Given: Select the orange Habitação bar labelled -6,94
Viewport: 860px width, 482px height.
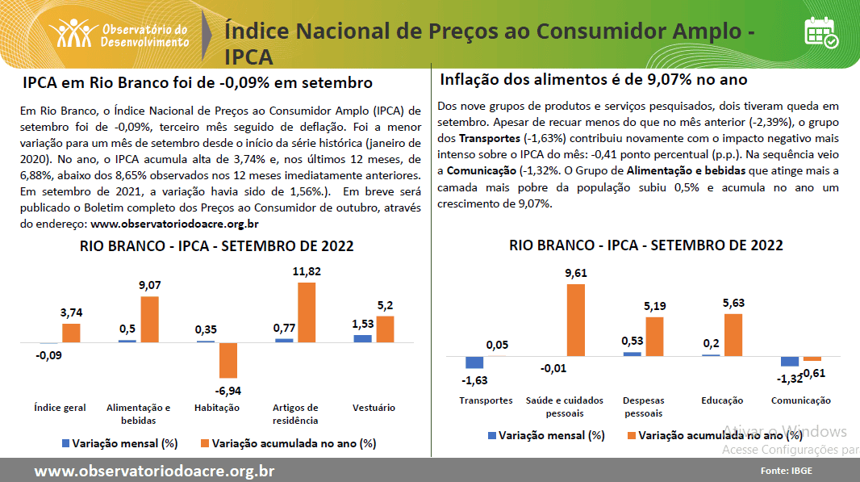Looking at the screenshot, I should pos(228,360).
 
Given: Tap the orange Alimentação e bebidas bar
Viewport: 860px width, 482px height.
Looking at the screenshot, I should pos(150,319).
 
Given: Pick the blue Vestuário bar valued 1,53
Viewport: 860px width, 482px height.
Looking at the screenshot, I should pos(362,337).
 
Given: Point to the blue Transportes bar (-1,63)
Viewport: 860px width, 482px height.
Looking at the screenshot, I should pos(474,363).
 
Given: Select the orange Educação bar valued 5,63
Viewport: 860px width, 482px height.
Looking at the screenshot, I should pos(733,334).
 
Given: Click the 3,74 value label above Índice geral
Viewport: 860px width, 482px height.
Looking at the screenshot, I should pos(71,312).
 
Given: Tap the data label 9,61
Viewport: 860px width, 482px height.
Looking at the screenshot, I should pos(575,273).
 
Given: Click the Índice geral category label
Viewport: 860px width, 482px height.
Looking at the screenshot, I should pos(61,408).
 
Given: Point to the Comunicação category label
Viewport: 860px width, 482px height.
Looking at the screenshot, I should pos(800,400).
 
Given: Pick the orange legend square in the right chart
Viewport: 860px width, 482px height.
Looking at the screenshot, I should pos(631,435).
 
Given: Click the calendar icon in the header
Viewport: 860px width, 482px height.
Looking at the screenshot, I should pos(820,31).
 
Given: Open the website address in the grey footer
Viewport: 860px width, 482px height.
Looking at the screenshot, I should pos(154,471).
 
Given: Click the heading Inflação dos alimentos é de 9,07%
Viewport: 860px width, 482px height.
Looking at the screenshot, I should pos(594,80).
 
